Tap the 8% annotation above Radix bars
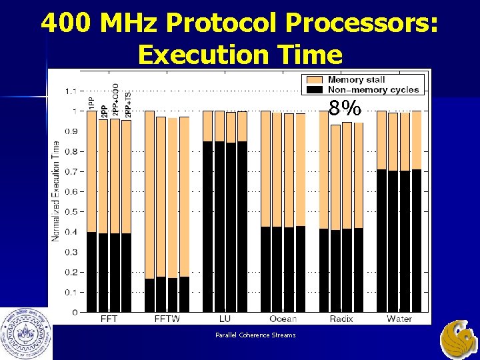click(x=345, y=108)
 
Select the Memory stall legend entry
click(x=356, y=79)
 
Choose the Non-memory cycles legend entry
click(x=373, y=89)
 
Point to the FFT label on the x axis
click(x=108, y=319)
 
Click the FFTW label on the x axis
click(x=167, y=319)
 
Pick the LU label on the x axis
click(x=225, y=319)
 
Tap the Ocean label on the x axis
click(x=283, y=319)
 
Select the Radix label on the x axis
click(x=341, y=319)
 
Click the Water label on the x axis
click(x=399, y=319)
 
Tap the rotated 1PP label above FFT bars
click(x=91, y=103)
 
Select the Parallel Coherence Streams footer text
click(x=255, y=335)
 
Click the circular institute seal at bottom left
click(x=26, y=332)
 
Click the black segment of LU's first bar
click(x=208, y=227)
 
